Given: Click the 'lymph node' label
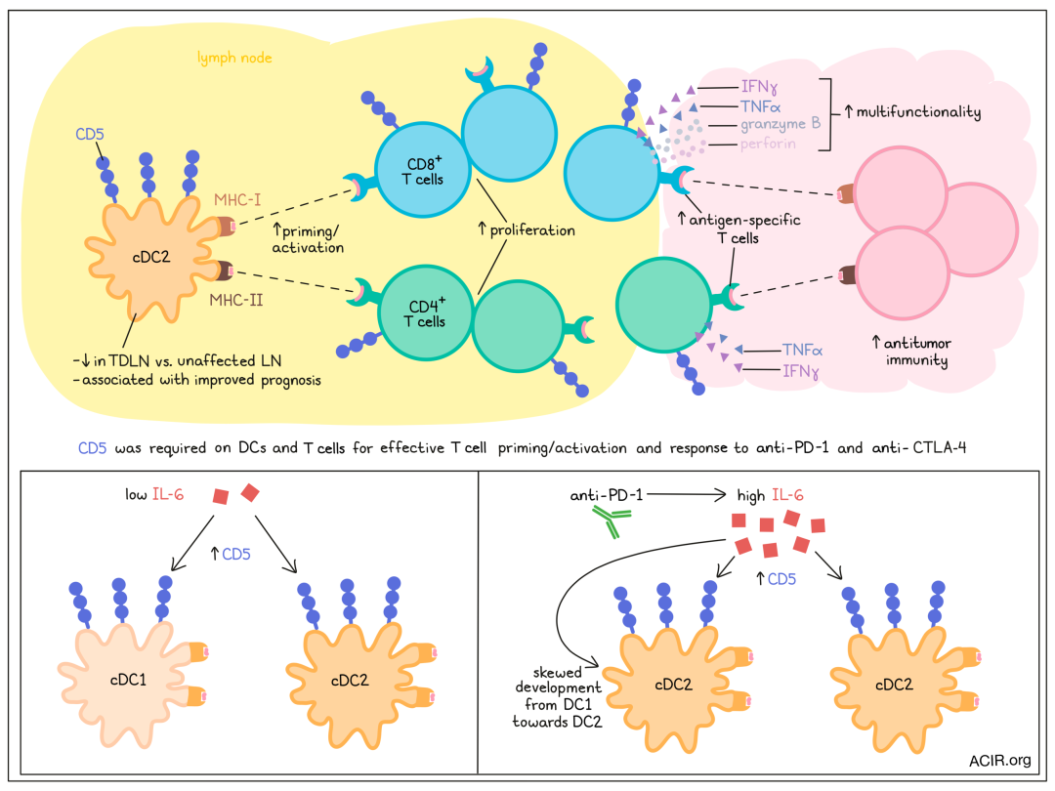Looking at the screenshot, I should point(234,59).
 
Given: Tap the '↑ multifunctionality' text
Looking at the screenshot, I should point(912,112).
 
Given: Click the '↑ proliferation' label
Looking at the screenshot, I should point(526,230).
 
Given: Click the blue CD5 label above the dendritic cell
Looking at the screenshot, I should point(90,132).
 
